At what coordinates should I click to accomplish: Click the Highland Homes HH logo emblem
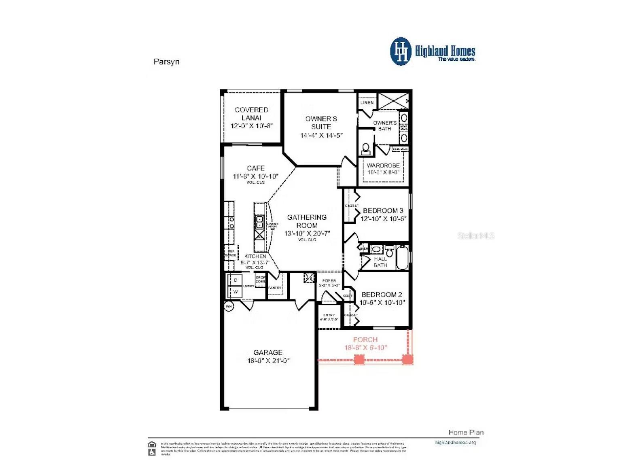[401, 51]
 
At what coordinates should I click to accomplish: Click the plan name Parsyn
[166, 62]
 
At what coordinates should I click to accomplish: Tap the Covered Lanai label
[251, 114]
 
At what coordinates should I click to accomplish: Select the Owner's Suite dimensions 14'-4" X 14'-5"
[321, 136]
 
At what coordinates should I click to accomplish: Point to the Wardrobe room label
[383, 165]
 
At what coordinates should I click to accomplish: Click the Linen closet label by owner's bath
[367, 102]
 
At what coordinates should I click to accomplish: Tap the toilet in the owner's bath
[366, 149]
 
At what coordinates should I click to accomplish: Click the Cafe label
[256, 168]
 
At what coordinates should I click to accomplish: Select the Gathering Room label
[307, 221]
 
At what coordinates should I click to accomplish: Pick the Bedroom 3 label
[383, 210]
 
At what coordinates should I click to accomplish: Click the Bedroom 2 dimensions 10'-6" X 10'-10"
[382, 303]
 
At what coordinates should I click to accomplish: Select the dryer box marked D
[235, 280]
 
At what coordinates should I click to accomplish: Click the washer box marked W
[235, 292]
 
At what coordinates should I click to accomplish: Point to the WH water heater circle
[229, 306]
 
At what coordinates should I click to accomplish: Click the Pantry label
[275, 288]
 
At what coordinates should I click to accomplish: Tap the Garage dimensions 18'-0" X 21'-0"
[268, 361]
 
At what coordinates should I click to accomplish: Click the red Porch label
[365, 339]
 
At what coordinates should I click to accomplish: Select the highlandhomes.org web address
[455, 443]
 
